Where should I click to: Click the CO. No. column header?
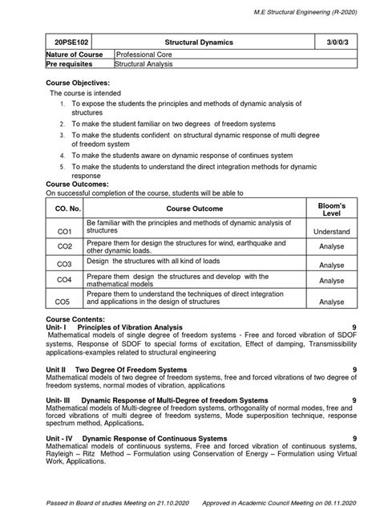[x=64, y=209]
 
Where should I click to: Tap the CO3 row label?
[x=64, y=263]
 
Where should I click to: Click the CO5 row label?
[x=64, y=302]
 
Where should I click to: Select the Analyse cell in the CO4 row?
[x=332, y=282]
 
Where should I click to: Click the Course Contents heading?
[x=75, y=320]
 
